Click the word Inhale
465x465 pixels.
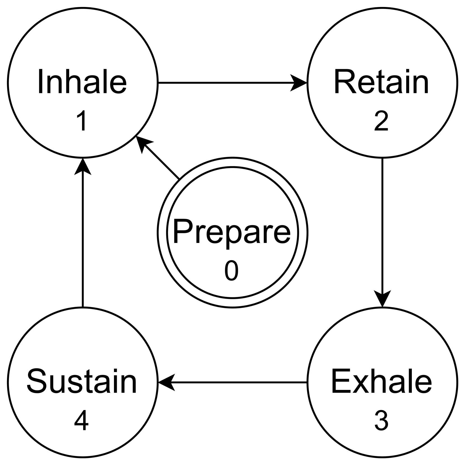coord(82,82)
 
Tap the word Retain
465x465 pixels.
coord(382,82)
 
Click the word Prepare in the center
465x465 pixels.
coord(232,232)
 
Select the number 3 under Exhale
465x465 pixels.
coord(381,421)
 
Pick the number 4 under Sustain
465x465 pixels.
coord(81,421)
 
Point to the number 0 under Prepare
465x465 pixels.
coord(232,271)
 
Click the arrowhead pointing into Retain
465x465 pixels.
coord(300,83)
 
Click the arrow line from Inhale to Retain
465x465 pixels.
coord(224,83)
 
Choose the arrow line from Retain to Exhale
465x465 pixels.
coord(382,224)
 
